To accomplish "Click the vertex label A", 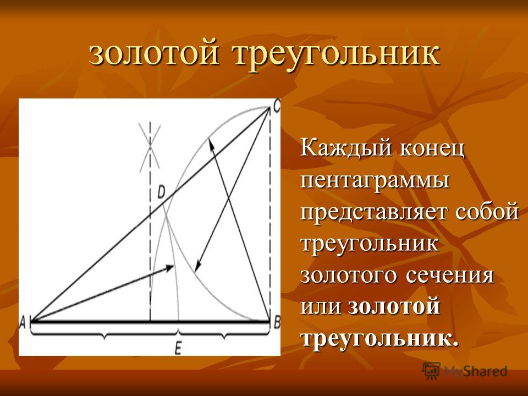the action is (23, 323).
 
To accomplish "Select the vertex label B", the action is (277, 323).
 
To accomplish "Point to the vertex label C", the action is (276, 107).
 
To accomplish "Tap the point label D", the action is (161, 193).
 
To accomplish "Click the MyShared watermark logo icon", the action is (431, 371).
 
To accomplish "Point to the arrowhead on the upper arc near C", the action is (211, 144).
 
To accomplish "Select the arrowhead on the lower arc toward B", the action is (197, 266).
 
